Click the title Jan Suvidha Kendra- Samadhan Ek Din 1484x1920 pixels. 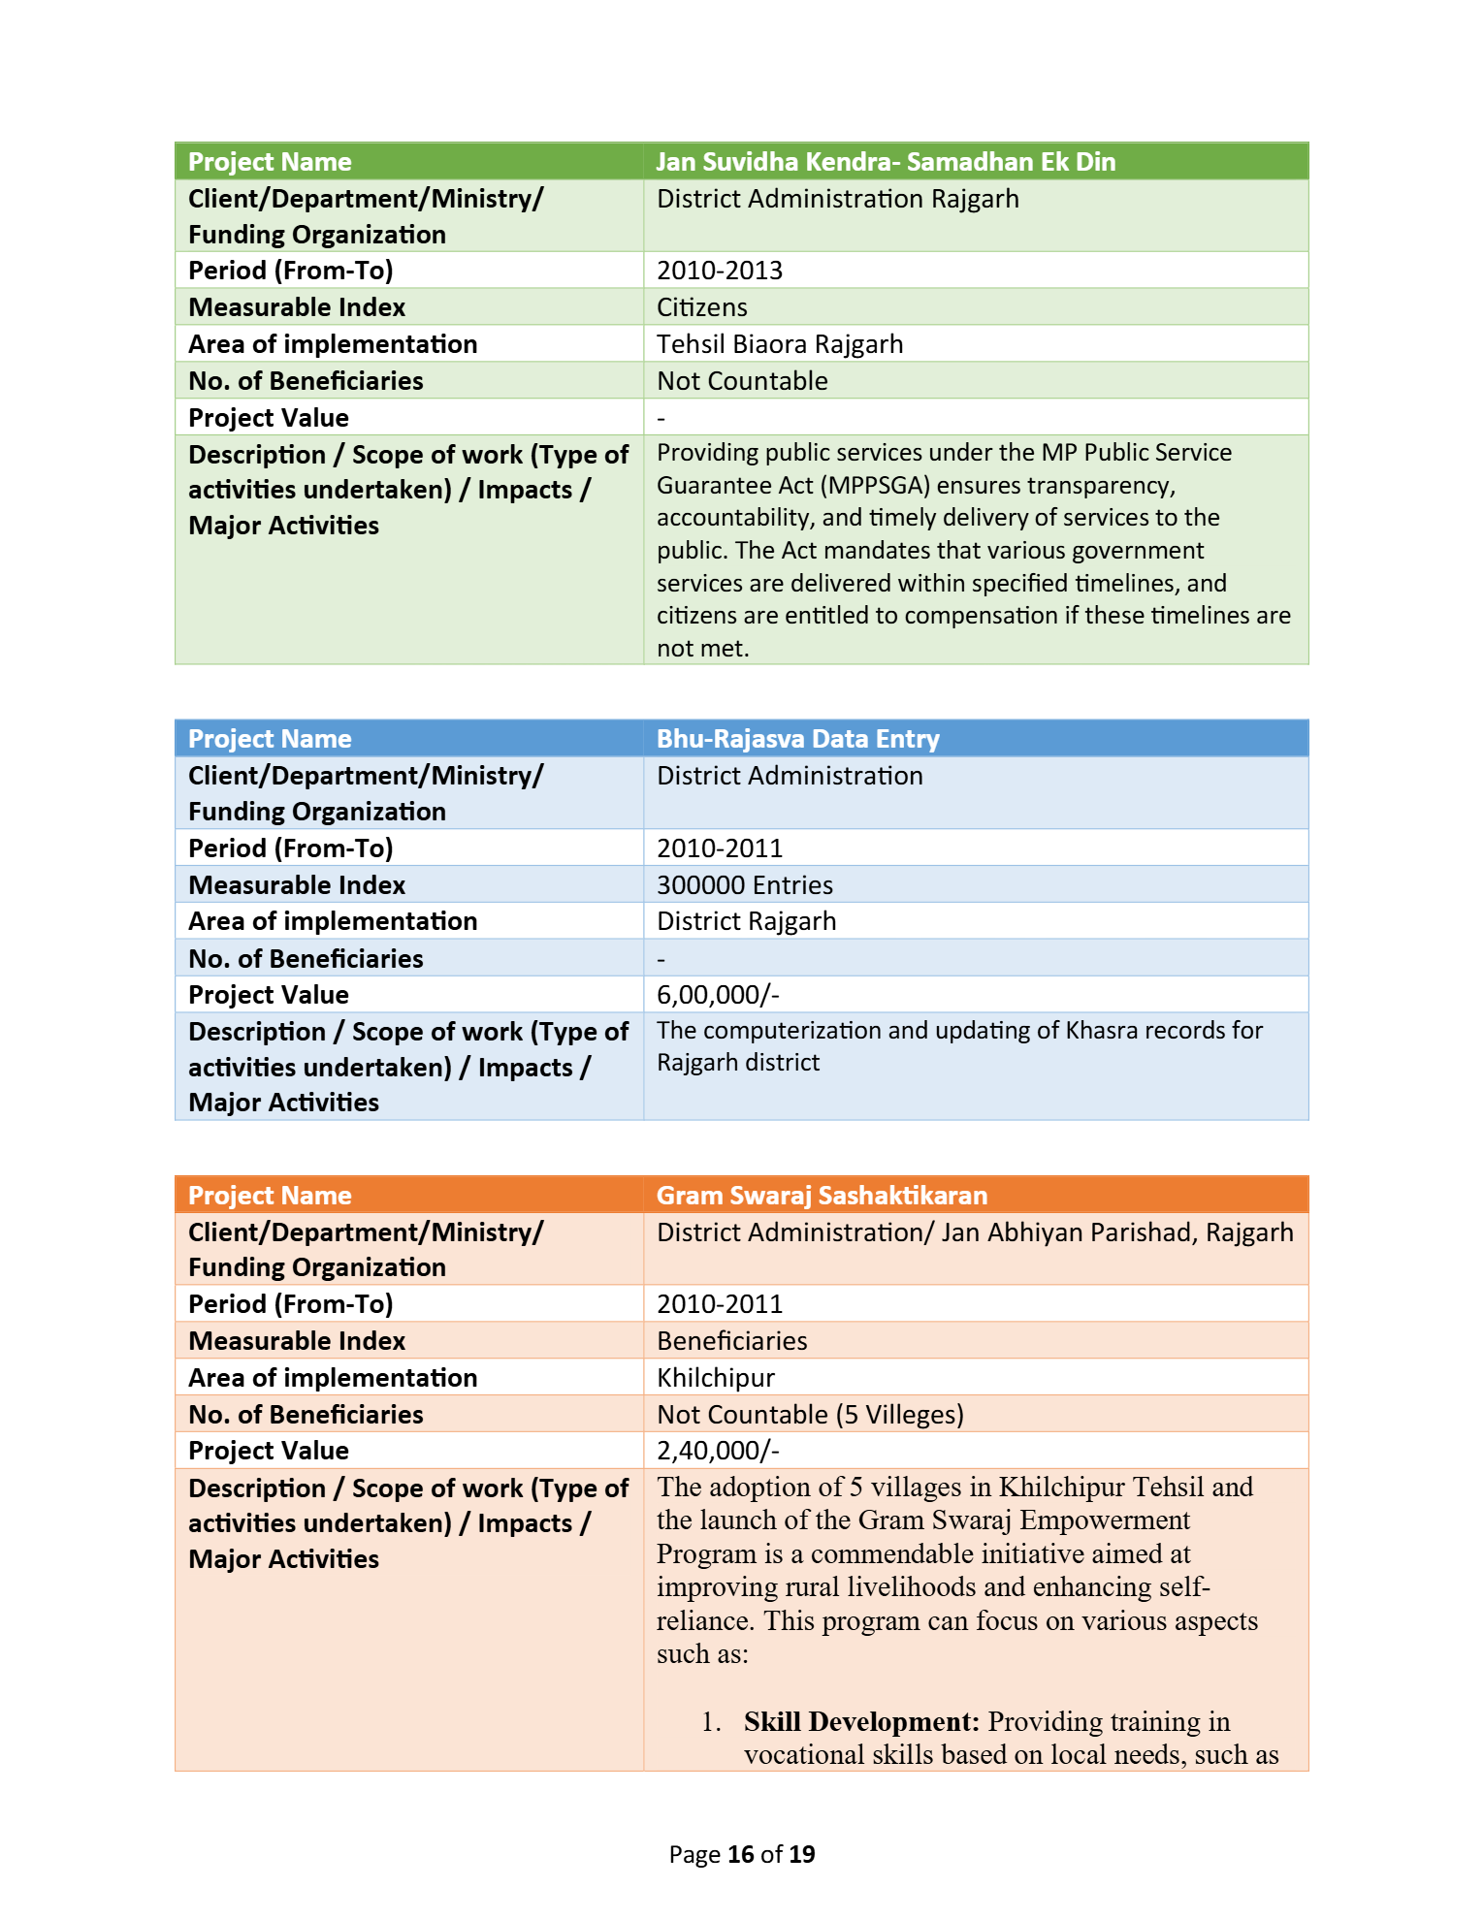pos(886,162)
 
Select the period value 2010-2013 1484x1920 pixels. pos(720,271)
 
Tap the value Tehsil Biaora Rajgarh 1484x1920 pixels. pos(780,344)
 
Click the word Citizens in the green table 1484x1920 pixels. pos(702,307)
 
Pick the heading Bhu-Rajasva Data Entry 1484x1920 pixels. pos(798,739)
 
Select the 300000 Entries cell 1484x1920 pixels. pos(745,885)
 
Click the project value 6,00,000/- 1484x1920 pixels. pos(718,995)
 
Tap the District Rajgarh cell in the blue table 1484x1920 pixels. pos(746,921)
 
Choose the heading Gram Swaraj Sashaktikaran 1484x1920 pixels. pos(822,1196)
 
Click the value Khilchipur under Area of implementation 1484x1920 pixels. pos(716,1378)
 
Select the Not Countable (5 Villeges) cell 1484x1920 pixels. pos(810,1415)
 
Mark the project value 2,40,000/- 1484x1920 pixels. pos(718,1451)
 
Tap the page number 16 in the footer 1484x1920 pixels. pos(741,1854)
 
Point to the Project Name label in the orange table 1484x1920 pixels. pos(270,1196)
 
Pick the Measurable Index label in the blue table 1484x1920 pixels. pos(297,885)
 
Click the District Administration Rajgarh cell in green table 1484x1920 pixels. pos(838,199)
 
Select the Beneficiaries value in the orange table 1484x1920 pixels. pos(732,1341)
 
